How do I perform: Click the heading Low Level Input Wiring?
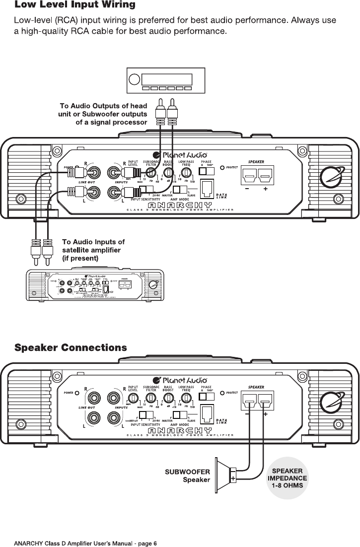75,6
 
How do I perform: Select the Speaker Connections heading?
71,347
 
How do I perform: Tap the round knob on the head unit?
134,79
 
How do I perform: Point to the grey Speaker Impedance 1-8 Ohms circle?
288,478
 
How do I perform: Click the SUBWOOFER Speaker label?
187,475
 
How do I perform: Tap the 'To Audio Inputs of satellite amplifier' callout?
93,250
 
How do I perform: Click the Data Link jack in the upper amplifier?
207,188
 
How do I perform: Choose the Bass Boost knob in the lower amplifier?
169,397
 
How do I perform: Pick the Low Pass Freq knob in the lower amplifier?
187,397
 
